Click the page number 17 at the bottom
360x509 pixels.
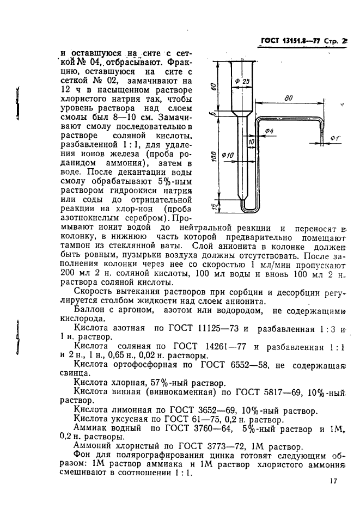pyautogui.click(x=334, y=481)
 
